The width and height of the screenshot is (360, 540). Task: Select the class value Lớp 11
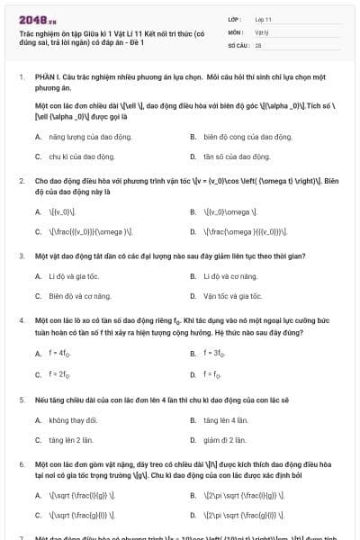pyautogui.click(x=263, y=18)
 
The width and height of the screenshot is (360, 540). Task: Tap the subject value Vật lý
pyautogui.click(x=261, y=31)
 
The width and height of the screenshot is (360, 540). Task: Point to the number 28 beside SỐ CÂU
pyautogui.click(x=258, y=43)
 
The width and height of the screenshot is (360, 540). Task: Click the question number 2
pyautogui.click(x=22, y=181)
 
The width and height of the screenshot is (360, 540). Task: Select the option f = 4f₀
pyautogui.click(x=58, y=354)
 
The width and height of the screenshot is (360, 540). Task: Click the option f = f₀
pyautogui.click(x=211, y=373)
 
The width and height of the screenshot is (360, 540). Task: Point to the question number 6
pyautogui.click(x=22, y=463)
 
